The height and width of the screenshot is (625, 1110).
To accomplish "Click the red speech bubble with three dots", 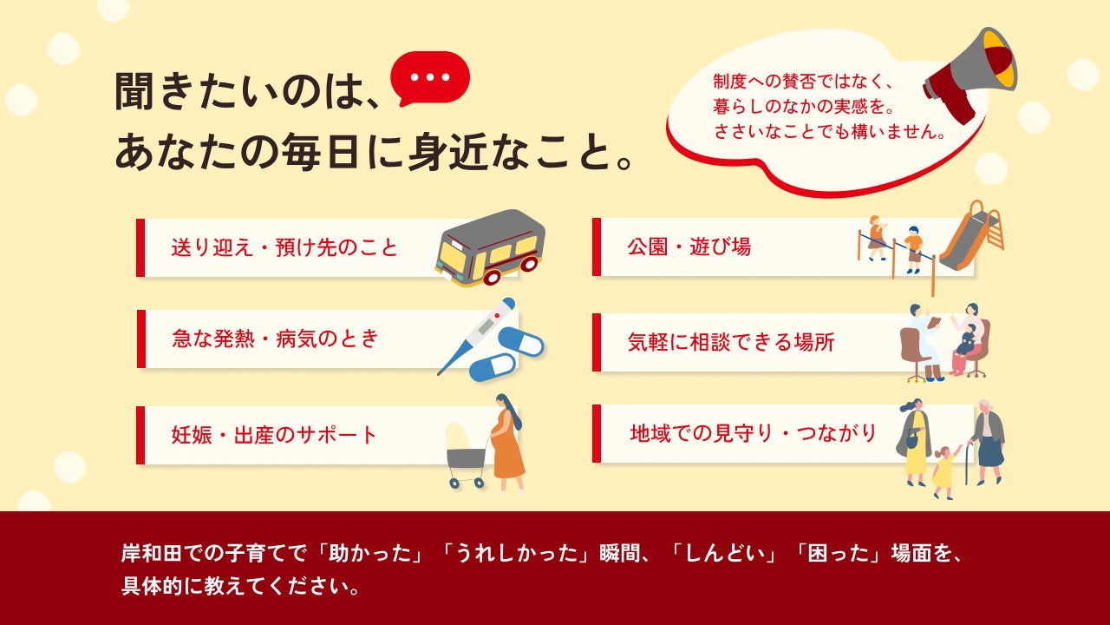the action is point(430,78).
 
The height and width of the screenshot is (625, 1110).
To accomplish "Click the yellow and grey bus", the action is point(490,248).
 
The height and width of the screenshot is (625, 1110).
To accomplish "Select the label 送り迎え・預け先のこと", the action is point(284,247).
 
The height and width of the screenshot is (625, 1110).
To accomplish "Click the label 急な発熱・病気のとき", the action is point(275,339).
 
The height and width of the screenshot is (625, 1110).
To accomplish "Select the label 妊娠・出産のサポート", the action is point(274,435).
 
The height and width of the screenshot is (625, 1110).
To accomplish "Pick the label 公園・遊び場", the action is point(689,247).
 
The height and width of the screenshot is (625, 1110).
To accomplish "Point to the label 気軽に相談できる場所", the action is point(731,342).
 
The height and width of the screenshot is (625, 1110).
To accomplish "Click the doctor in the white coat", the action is point(924,342).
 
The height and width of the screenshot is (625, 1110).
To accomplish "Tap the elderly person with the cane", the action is point(986,442).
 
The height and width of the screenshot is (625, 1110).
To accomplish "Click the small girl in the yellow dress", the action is point(945,471).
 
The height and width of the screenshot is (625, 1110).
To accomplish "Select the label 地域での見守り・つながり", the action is point(754,433).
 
